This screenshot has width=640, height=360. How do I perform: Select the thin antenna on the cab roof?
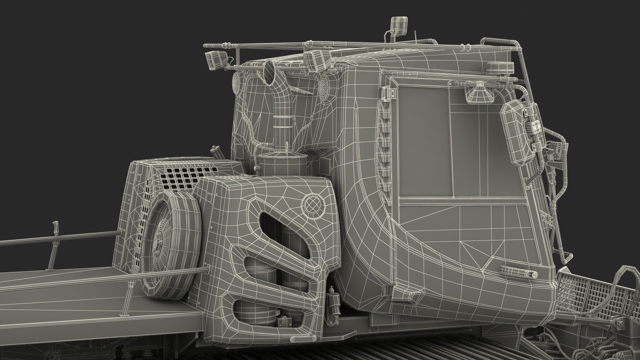[416, 36]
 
